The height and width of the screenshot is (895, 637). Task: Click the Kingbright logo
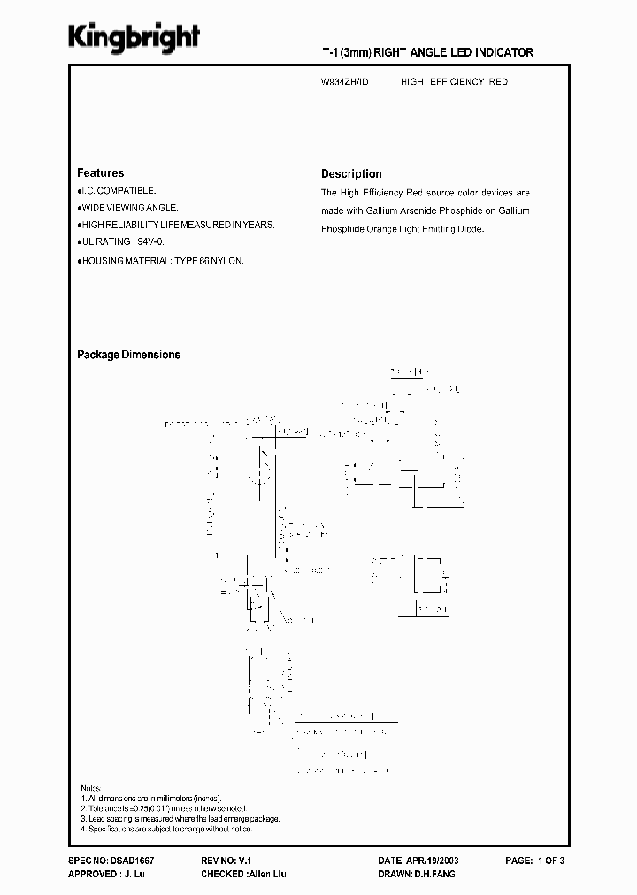[134, 37]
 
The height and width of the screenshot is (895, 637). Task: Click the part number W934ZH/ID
[345, 81]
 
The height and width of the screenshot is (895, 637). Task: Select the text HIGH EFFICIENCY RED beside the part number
[454, 81]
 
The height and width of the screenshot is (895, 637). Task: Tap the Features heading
[100, 173]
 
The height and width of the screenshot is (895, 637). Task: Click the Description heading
[351, 174]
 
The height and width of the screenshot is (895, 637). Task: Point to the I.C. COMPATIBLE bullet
[117, 190]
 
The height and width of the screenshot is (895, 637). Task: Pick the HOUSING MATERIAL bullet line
[160, 261]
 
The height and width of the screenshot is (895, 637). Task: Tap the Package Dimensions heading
[128, 355]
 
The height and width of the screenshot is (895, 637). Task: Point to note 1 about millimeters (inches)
[152, 798]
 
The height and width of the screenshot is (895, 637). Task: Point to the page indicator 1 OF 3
[570, 860]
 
